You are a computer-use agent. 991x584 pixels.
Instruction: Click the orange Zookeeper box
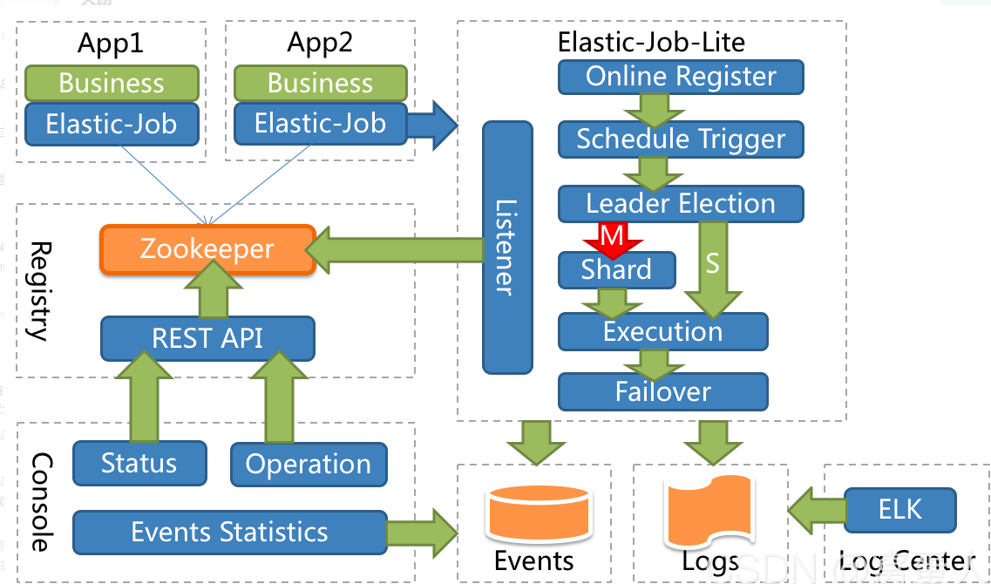[x=207, y=250]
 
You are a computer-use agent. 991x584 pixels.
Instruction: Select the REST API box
[x=207, y=338]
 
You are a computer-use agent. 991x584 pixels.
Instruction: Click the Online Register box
[x=681, y=77]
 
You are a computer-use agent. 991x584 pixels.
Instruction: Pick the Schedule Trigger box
[x=681, y=139]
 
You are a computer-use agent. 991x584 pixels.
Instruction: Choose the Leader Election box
[x=681, y=204]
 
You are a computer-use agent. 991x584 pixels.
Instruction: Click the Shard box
[x=616, y=270]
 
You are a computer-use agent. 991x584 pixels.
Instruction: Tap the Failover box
[x=662, y=391]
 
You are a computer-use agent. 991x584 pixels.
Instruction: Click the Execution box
[x=662, y=332]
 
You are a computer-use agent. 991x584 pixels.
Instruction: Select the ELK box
[x=900, y=509]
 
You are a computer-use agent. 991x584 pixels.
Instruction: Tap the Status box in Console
[x=139, y=463]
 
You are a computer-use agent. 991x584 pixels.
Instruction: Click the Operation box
[x=309, y=465]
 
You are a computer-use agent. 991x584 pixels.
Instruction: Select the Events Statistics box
[x=229, y=533]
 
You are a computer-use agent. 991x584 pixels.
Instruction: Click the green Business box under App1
[x=112, y=84]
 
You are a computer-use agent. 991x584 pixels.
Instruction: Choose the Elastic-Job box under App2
[x=320, y=124]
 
